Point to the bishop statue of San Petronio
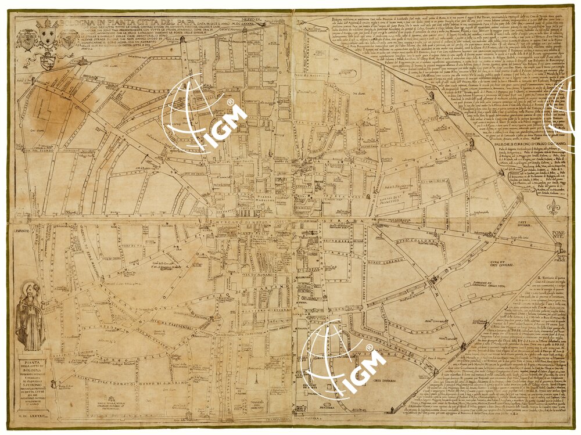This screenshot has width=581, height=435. coord(30,317)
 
